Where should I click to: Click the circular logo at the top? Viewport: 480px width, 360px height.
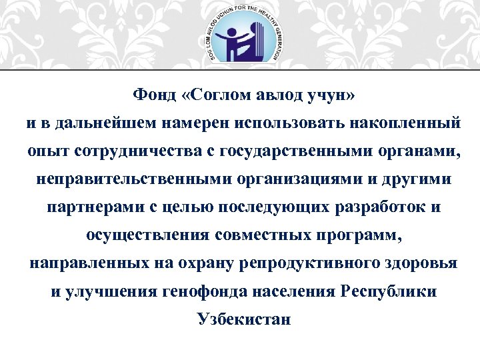[240, 35]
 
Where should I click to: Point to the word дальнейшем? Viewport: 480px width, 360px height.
[100, 124]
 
